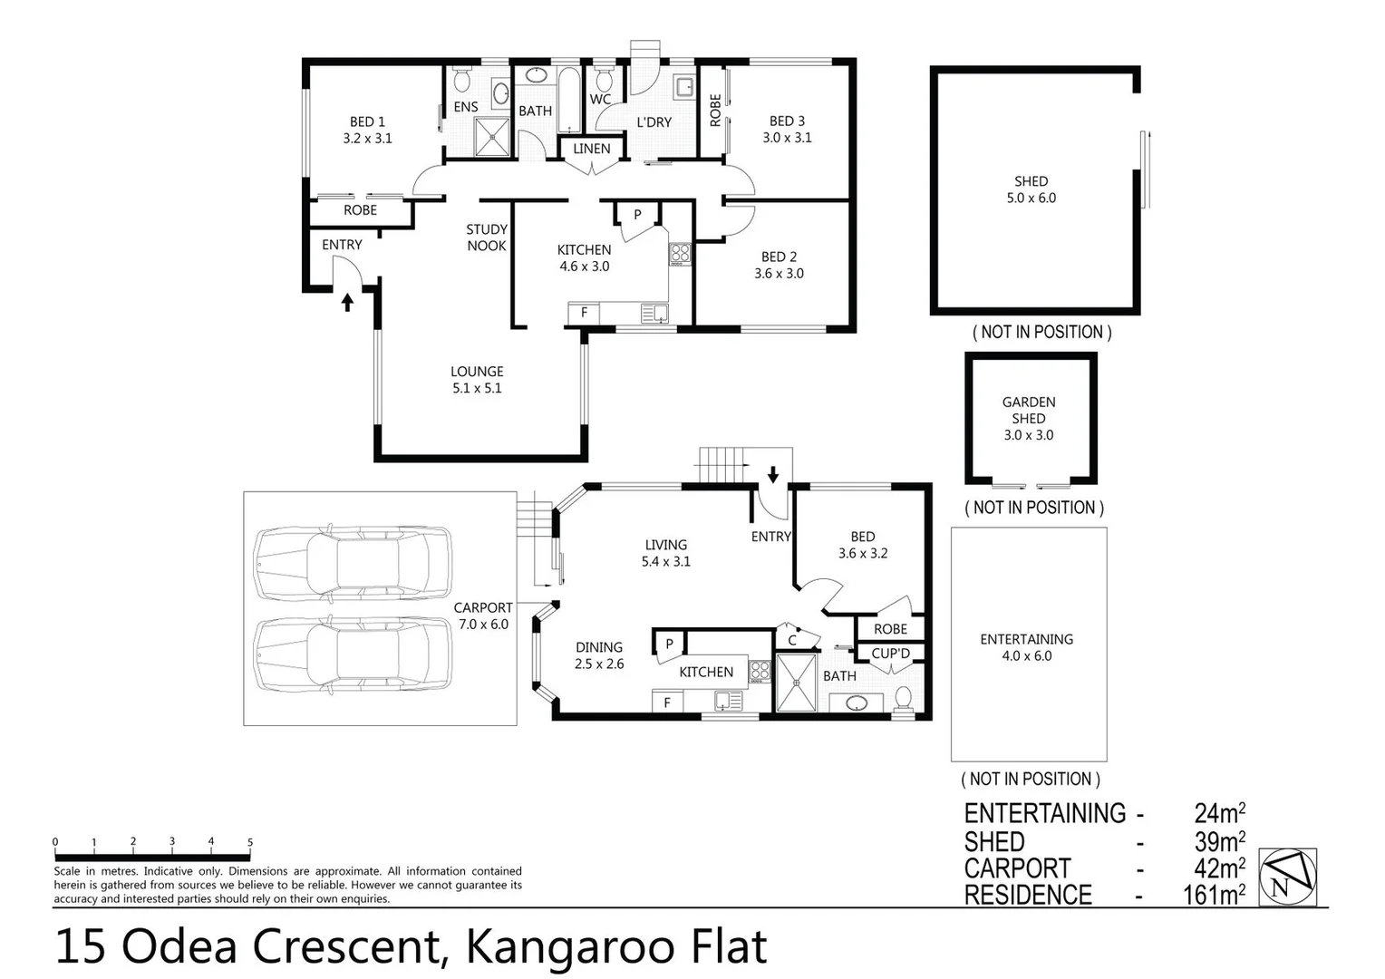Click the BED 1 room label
pos(367,130)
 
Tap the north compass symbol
pos(1287,877)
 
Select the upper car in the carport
pos(353,563)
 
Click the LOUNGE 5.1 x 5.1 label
pos(477,380)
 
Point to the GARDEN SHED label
pos(1029,410)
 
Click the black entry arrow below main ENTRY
pos(347,302)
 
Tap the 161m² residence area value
pos(1214,896)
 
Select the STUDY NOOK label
pos(487,237)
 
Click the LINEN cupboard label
pos(591,149)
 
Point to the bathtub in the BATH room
pos(569,100)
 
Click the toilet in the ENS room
pos(461,81)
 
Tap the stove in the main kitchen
pos(680,253)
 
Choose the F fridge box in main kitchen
pos(584,313)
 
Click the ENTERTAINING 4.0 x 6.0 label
pos(1026,647)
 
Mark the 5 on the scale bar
pos(250,842)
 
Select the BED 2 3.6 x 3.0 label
pos(779,265)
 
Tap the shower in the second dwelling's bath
pos(797,683)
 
